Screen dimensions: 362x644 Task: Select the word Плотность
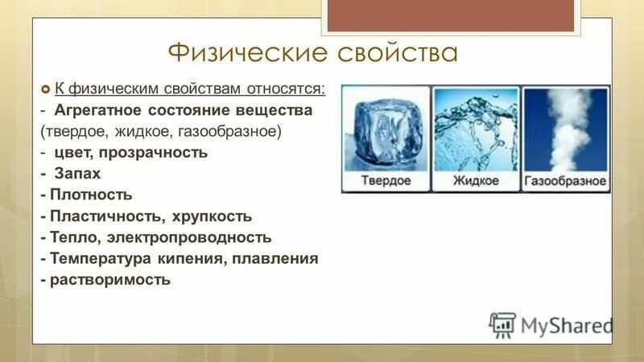[91, 195]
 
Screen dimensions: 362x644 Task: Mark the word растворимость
[110, 281]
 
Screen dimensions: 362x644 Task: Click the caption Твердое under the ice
[385, 180]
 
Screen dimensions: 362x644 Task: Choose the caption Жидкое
[476, 180]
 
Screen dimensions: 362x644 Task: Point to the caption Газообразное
[565, 180]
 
